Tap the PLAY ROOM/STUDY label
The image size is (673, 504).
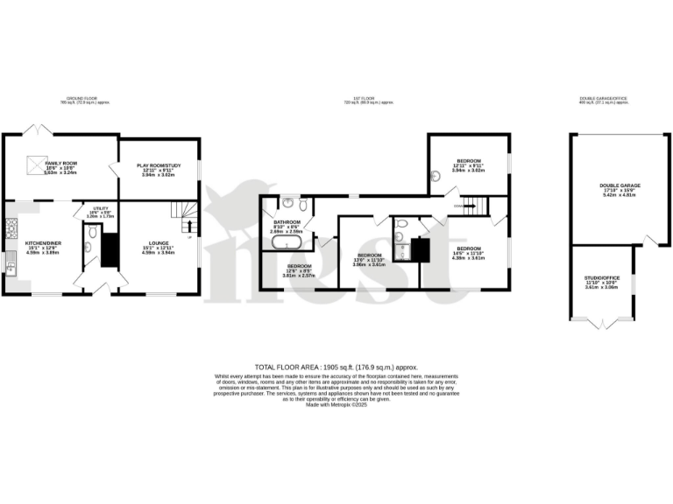[159, 165]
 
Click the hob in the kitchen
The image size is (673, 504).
[11, 229]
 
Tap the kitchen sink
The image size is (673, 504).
[11, 262]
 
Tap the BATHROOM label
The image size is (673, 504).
[287, 223]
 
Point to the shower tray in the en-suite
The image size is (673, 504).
[403, 249]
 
